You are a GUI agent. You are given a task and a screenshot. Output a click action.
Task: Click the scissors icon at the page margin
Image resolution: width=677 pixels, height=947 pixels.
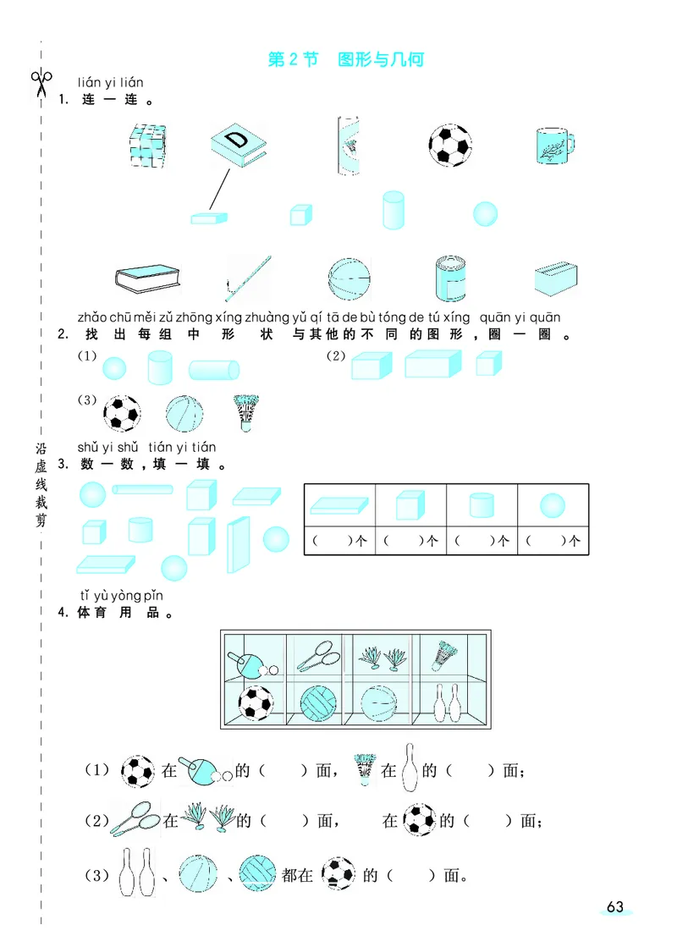pos(40,82)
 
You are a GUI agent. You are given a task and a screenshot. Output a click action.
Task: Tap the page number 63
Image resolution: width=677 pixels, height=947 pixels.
pos(614,907)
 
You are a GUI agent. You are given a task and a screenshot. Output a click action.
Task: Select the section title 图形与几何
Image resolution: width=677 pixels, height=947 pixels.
pos(380,59)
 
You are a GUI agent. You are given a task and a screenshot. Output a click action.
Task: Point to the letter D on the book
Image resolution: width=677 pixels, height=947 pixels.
pos(238,140)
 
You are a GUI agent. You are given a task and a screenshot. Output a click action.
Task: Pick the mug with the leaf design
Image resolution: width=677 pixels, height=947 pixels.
pos(555,146)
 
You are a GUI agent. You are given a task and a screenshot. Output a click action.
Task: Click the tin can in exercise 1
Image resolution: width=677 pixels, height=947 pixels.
pos(450,278)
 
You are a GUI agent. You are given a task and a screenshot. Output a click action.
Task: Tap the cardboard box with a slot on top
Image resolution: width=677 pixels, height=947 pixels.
pos(556,277)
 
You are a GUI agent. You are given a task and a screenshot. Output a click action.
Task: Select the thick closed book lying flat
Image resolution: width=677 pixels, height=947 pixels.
pos(148,278)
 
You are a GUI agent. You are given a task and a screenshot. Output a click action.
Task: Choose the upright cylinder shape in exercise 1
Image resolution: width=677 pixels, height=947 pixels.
pos(394,209)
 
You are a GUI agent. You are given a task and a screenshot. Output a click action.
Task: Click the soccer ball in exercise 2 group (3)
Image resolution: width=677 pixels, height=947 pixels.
pos(121,413)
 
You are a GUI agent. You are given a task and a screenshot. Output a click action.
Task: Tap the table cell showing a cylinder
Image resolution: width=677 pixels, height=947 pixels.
pos(481,505)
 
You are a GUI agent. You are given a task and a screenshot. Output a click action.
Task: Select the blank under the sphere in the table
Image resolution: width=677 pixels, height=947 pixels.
pos(552,540)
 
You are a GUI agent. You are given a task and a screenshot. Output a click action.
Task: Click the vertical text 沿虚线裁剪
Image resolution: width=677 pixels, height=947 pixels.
pos(40,484)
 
